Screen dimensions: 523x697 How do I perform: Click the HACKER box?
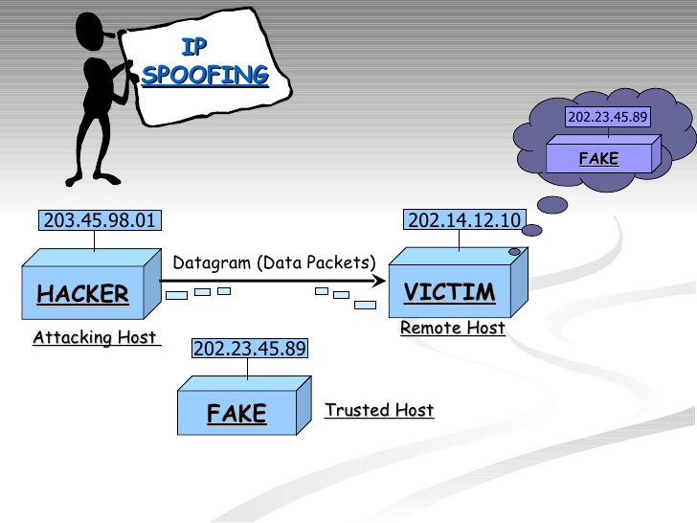click(x=82, y=289)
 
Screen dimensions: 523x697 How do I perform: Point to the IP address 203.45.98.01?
click(x=100, y=221)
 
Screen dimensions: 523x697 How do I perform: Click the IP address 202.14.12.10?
click(x=464, y=221)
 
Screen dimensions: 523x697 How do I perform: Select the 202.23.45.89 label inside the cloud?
click(x=608, y=118)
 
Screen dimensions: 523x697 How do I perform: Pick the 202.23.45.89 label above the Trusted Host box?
click(x=250, y=348)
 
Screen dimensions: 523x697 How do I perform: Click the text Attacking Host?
click(x=95, y=337)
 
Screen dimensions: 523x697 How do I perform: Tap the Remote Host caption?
click(x=452, y=329)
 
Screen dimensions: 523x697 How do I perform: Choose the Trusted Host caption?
click(x=379, y=410)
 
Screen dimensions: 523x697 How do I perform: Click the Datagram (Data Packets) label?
click(x=274, y=262)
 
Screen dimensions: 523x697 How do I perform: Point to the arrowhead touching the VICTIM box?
click(x=380, y=281)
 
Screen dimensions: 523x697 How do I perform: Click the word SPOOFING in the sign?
click(x=205, y=76)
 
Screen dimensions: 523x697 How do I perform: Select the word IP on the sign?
click(x=194, y=46)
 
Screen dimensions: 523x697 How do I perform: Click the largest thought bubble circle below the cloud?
click(x=554, y=205)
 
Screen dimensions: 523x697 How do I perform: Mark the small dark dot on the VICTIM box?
click(x=514, y=252)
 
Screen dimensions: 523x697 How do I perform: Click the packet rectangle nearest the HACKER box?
click(x=176, y=295)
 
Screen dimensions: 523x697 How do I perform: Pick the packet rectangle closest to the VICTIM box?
click(x=365, y=305)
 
